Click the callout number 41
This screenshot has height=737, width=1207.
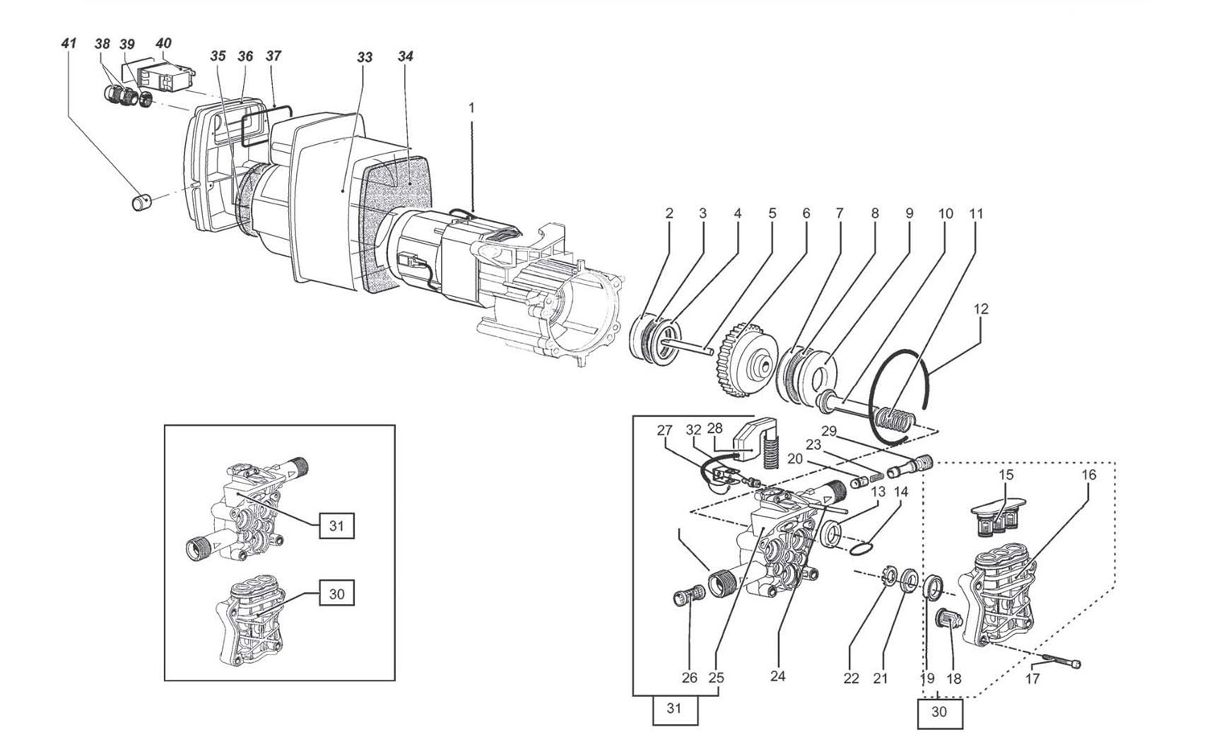68,43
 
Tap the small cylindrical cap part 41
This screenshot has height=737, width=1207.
142,203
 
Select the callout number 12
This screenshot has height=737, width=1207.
981,309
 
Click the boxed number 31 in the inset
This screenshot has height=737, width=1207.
336,525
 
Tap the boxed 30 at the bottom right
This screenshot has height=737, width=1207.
939,712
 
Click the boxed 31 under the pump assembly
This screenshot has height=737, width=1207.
674,709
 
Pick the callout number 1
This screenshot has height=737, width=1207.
472,109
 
